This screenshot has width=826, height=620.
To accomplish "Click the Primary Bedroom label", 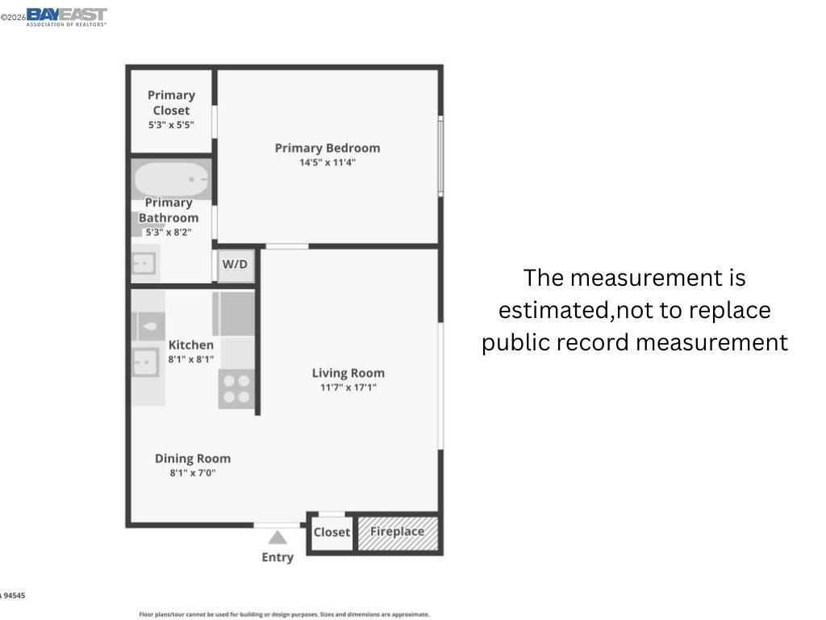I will pyautogui.click(x=327, y=148).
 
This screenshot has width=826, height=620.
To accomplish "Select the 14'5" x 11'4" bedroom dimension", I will pyautogui.click(x=327, y=162).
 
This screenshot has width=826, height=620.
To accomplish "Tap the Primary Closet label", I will pyautogui.click(x=171, y=103).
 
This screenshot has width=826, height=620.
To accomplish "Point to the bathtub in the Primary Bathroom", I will pyautogui.click(x=171, y=178).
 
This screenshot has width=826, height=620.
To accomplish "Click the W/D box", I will pyautogui.click(x=236, y=265).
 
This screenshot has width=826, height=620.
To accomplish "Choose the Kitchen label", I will pyautogui.click(x=191, y=345).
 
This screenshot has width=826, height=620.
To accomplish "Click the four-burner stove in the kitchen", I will pyautogui.click(x=236, y=388).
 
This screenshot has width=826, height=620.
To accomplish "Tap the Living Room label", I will pyautogui.click(x=348, y=373).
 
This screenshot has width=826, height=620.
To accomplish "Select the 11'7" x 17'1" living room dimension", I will pyautogui.click(x=348, y=387).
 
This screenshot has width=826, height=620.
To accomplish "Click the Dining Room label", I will pyautogui.click(x=193, y=459).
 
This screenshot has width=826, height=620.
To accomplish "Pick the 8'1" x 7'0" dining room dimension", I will pyautogui.click(x=193, y=473).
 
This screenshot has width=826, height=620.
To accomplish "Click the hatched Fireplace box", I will pyautogui.click(x=398, y=532).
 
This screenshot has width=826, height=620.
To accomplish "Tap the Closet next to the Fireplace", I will pyautogui.click(x=332, y=533).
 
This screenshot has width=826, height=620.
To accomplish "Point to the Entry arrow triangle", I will pyautogui.click(x=277, y=538).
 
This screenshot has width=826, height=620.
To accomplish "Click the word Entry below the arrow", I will pyautogui.click(x=277, y=557).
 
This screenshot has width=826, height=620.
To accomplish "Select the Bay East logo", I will pyautogui.click(x=66, y=16).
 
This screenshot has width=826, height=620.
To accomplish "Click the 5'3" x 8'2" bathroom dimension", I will pyautogui.click(x=168, y=232).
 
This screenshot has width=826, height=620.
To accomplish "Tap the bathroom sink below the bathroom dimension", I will pyautogui.click(x=144, y=263).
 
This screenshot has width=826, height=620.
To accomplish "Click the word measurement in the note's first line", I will pyautogui.click(x=657, y=278).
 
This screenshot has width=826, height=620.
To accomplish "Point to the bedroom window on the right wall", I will pyautogui.click(x=440, y=156).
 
